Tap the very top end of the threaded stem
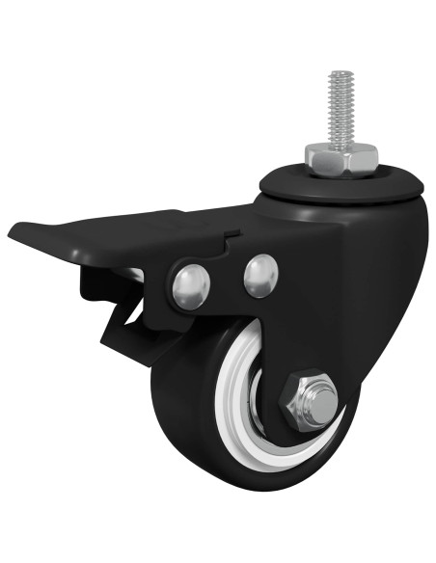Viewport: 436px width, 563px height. coord(338,73)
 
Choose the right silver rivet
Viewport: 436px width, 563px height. coord(260,275)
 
